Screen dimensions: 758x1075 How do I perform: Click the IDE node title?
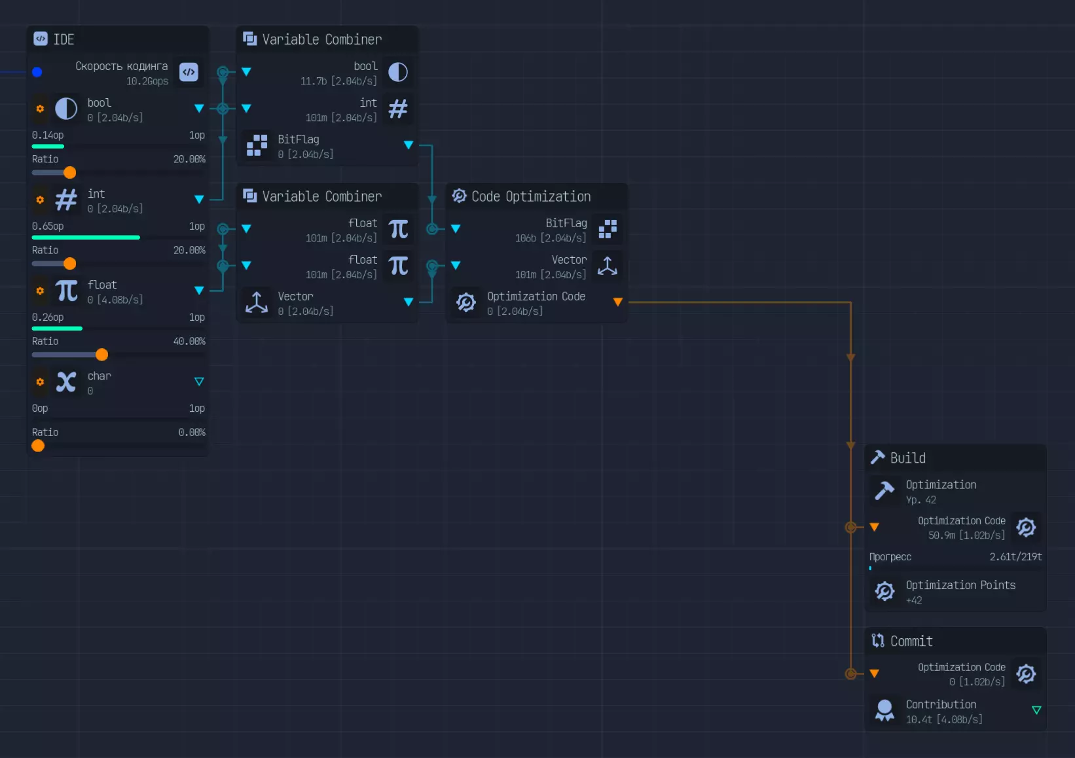pyautogui.click(x=64, y=39)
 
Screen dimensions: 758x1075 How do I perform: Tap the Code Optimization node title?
pyautogui.click(x=530, y=196)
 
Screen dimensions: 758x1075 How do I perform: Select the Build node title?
pyautogui.click(x=907, y=458)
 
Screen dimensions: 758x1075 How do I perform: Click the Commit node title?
pyautogui.click(x=911, y=641)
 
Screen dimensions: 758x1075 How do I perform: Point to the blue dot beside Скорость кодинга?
pyautogui.click(x=37, y=72)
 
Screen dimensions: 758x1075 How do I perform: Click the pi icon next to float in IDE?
pyautogui.click(x=66, y=291)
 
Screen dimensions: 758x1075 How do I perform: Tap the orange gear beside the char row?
pyautogui.click(x=40, y=382)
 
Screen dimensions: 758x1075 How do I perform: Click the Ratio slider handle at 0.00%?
pyautogui.click(x=38, y=446)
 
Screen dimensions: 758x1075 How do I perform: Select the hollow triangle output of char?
pyautogui.click(x=199, y=382)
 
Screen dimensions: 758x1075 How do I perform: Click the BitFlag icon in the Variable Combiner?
pyautogui.click(x=257, y=145)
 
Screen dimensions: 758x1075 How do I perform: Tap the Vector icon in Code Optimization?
pyautogui.click(x=608, y=266)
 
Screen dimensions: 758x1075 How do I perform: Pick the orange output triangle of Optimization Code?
pyautogui.click(x=617, y=302)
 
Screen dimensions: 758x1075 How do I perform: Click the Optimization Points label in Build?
pyautogui.click(x=960, y=585)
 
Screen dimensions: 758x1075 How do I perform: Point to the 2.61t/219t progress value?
pyautogui.click(x=1015, y=557)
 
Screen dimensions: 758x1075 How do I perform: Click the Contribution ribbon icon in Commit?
pyautogui.click(x=884, y=710)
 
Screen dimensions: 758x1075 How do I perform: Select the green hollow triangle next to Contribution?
pyautogui.click(x=1036, y=710)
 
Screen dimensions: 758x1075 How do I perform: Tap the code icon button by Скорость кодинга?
pyautogui.click(x=189, y=72)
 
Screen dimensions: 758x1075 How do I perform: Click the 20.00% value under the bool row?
pyautogui.click(x=189, y=159)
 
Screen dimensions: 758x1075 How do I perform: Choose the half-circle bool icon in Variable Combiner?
pyautogui.click(x=398, y=72)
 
